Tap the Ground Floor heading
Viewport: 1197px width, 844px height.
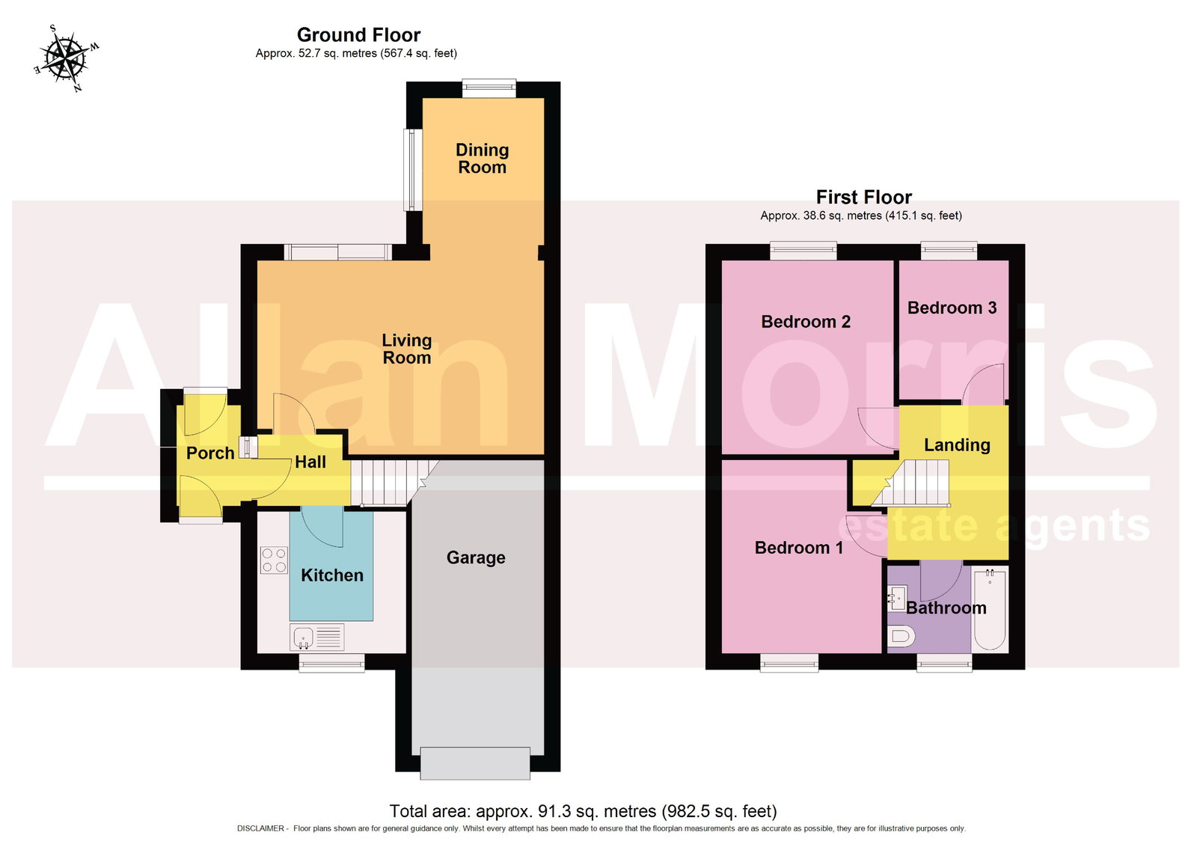358,34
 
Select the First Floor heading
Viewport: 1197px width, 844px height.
863,198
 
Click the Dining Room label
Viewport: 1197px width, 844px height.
482,158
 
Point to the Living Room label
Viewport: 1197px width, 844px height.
407,349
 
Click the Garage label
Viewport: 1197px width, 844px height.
476,557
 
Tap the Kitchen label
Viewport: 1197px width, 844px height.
332,575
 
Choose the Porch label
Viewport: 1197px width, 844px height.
210,453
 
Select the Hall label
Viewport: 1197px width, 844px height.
310,462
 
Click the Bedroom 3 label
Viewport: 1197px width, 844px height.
952,308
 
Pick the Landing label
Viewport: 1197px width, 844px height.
957,444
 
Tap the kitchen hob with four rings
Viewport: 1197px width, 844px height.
274,560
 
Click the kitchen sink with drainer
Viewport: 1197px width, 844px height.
317,637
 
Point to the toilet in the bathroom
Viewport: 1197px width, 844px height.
901,637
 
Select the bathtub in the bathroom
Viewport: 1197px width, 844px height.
990,609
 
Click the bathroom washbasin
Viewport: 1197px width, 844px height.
896,598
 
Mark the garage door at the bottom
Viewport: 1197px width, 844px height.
475,763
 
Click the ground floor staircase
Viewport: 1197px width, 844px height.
393,482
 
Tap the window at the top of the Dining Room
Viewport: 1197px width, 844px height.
489,89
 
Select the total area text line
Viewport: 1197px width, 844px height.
583,811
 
